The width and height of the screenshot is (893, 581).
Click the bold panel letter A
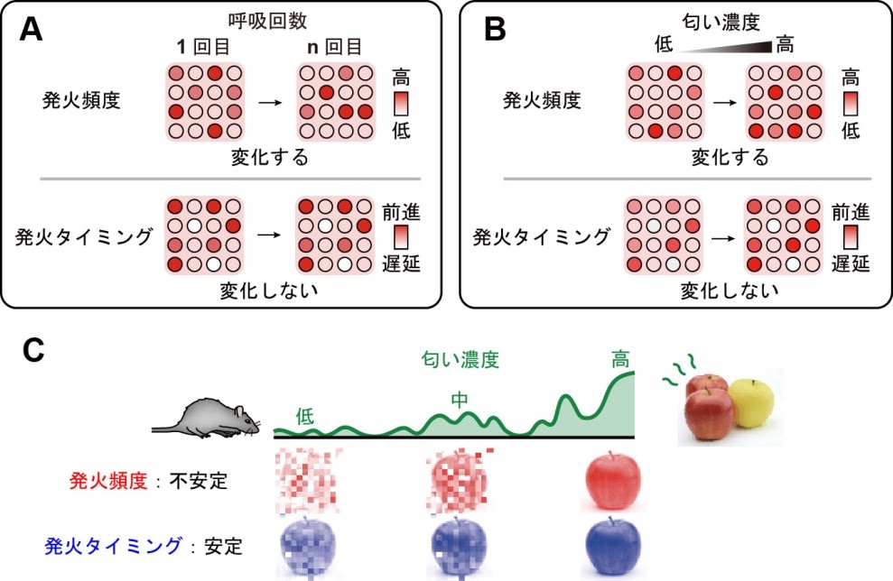(31, 30)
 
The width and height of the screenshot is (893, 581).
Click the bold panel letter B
(494, 30)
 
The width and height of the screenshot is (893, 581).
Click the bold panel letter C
(33, 351)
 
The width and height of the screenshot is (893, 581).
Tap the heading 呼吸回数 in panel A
(267, 21)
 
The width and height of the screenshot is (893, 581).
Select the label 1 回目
(203, 47)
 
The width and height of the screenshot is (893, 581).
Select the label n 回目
(334, 47)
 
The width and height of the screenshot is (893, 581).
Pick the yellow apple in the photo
(750, 403)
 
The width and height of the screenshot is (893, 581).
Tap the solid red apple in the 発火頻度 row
(613, 480)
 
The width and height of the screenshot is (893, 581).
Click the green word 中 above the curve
(459, 400)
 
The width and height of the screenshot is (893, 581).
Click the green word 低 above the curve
(304, 417)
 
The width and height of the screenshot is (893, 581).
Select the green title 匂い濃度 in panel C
(460, 360)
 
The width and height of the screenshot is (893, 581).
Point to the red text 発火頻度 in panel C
(108, 481)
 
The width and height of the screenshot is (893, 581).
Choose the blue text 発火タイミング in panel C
(114, 547)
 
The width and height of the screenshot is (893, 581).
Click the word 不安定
(199, 481)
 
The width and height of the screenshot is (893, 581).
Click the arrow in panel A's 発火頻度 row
(270, 103)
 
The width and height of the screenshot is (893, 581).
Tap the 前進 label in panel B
(851, 212)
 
